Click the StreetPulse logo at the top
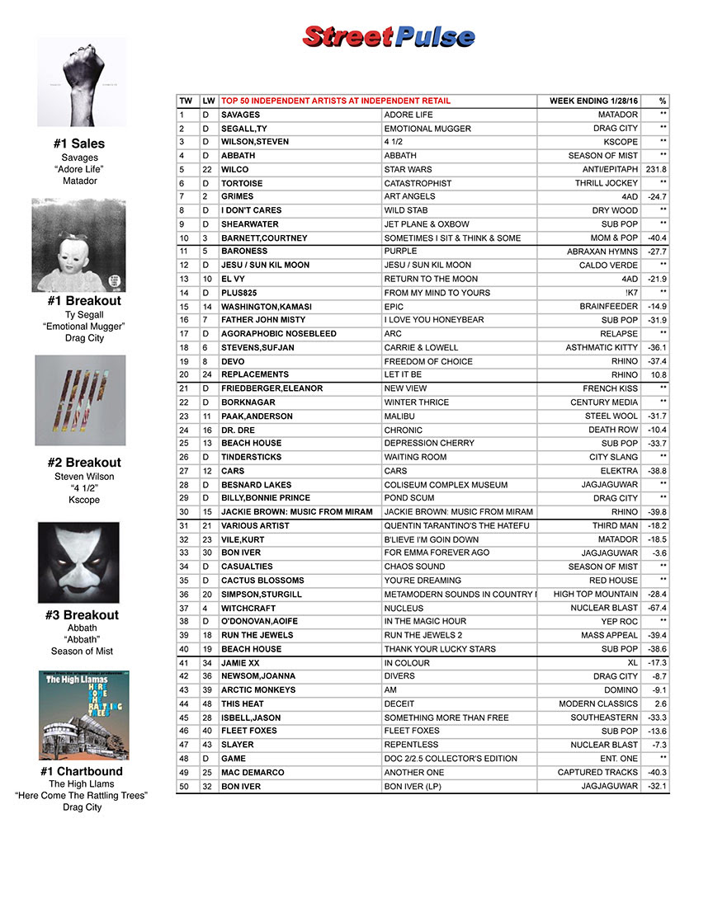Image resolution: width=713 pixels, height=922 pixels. (x=389, y=37)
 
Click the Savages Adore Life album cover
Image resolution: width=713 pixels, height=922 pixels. (x=83, y=82)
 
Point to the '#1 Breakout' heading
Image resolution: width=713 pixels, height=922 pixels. (x=84, y=302)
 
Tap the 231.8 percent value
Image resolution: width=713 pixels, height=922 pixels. (x=656, y=169)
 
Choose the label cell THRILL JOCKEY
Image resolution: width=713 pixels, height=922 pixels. (x=607, y=183)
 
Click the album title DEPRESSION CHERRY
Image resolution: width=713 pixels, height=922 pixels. (x=429, y=443)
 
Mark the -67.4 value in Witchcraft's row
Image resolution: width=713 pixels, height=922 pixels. (x=657, y=608)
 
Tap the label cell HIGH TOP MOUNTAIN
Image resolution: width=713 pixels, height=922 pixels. (x=596, y=594)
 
